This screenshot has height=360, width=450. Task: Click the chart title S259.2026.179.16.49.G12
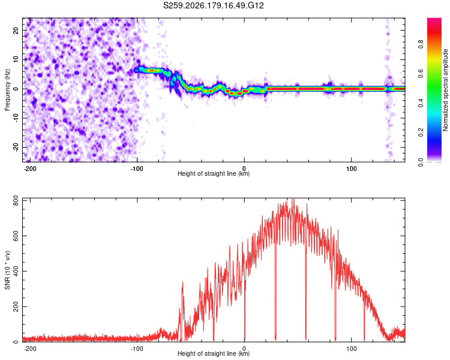click(x=213, y=5)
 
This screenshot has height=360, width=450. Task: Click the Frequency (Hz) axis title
click(x=7, y=90)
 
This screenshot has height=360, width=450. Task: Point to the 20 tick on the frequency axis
click(x=16, y=30)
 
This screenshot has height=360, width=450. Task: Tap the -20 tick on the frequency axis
click(x=16, y=147)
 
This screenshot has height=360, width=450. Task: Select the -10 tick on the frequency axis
click(x=16, y=118)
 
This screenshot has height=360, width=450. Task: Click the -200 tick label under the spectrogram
click(x=29, y=169)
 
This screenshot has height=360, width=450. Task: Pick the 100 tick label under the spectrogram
click(x=351, y=169)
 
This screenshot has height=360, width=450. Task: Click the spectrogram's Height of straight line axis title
click(x=214, y=173)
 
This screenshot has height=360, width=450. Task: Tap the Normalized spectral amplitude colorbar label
click(x=445, y=90)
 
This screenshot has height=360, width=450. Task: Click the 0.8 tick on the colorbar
click(x=421, y=44)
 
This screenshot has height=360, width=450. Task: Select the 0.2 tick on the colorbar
click(x=421, y=133)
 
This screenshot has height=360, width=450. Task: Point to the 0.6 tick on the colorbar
click(x=421, y=73)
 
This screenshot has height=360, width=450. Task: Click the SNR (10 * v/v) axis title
click(x=7, y=270)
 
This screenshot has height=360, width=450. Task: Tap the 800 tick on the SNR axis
click(x=16, y=200)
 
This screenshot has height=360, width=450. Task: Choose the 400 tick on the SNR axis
click(x=16, y=271)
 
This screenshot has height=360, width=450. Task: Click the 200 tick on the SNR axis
click(x=16, y=307)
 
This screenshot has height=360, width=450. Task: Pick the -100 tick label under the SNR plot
click(x=137, y=349)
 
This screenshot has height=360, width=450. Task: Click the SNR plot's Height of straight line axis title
click(x=214, y=353)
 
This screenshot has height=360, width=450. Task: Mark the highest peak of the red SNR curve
click(x=293, y=199)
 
